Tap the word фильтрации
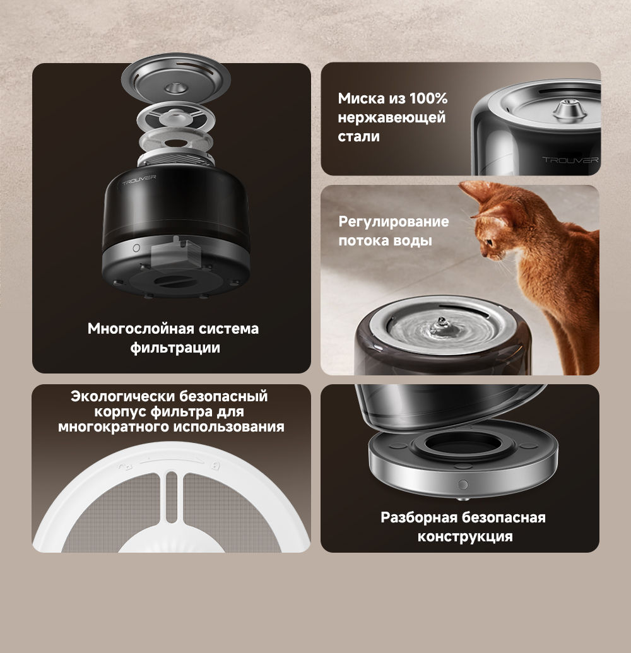(175, 348)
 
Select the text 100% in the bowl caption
(428, 98)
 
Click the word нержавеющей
(391, 117)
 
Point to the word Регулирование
(394, 221)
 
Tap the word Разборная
(418, 517)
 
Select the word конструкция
(465, 536)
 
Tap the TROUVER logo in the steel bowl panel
(570, 160)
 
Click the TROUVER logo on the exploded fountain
(139, 179)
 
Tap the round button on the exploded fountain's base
(136, 248)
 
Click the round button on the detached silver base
(463, 485)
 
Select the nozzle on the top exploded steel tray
(177, 88)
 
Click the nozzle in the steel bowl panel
(564, 109)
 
